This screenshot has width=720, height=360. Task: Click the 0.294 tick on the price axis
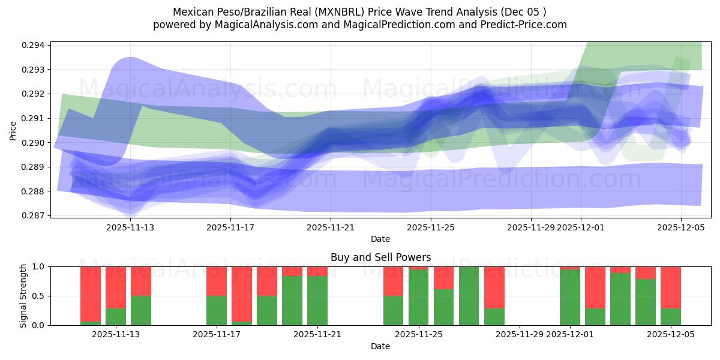[34, 45]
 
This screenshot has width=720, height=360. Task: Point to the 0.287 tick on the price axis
[34, 215]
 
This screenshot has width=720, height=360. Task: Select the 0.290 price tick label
[34, 143]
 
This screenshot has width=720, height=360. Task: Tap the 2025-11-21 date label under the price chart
[331, 227]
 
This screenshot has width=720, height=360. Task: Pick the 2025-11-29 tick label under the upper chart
[531, 227]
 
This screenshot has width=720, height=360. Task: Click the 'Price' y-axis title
[13, 130]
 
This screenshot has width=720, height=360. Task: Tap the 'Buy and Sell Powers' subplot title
[380, 257]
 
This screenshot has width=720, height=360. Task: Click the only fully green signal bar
[469, 296]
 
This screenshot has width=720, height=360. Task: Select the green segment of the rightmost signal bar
[671, 317]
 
